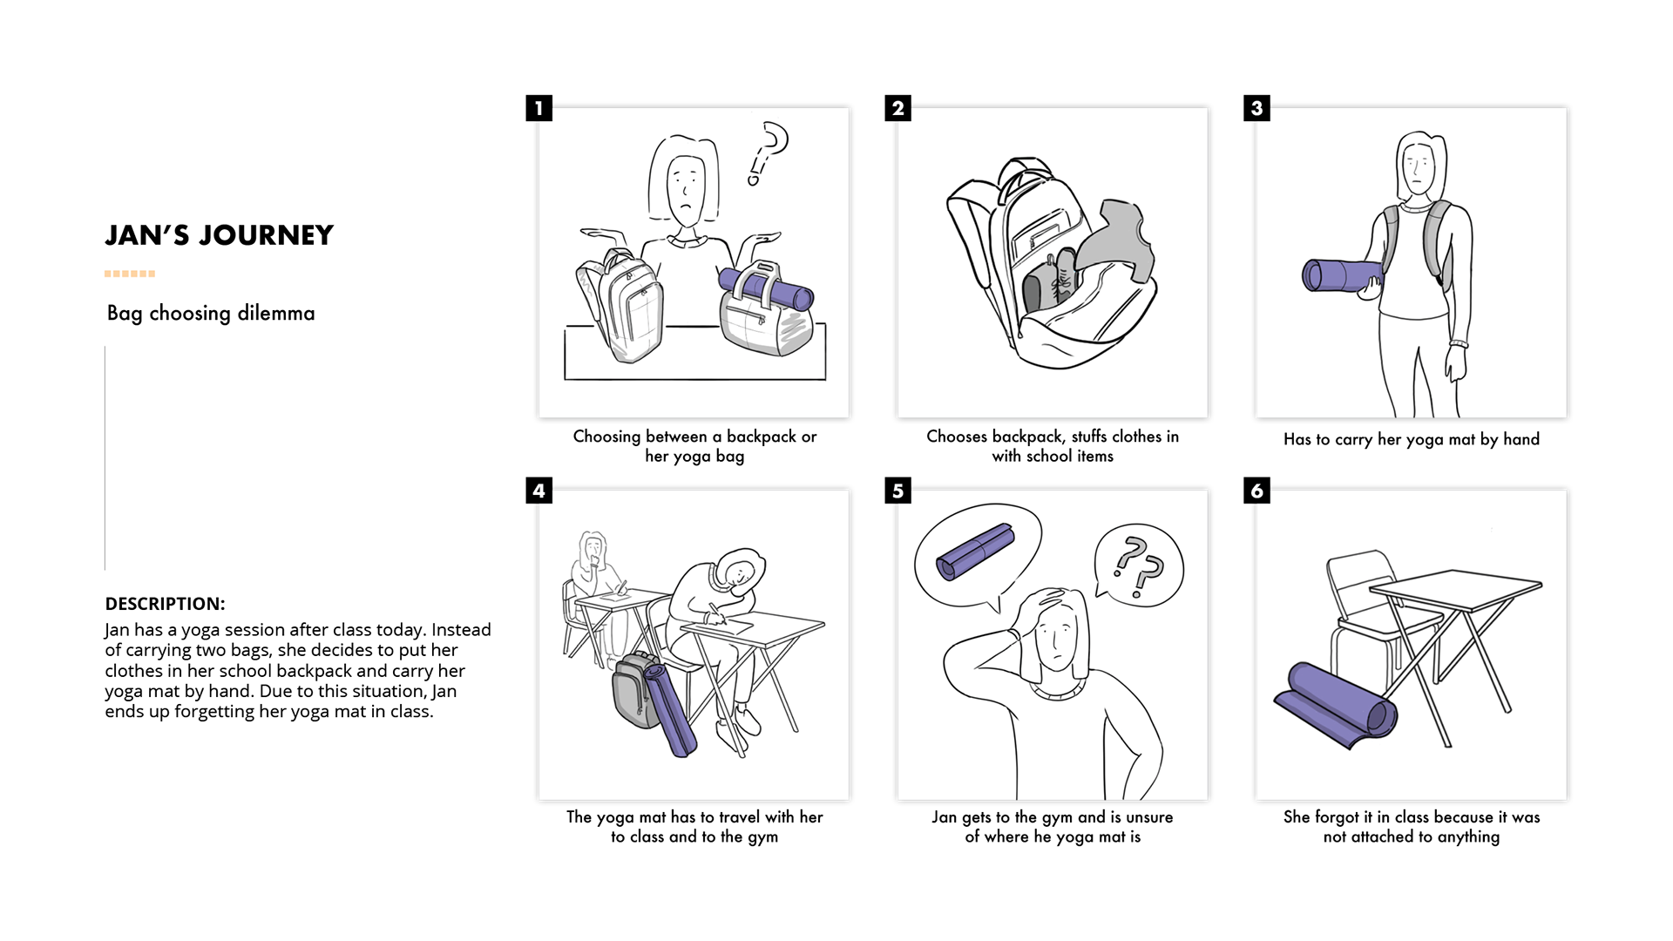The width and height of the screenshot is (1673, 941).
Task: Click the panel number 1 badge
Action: coord(539,108)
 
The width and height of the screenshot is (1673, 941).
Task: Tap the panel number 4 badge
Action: coord(539,491)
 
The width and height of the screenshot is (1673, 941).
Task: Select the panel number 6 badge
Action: coord(1256,491)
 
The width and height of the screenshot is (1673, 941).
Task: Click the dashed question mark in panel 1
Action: coord(768,153)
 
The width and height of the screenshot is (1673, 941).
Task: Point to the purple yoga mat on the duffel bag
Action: coord(765,288)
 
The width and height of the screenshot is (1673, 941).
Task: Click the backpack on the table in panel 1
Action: coord(620,305)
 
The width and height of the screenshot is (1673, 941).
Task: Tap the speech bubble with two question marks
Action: coord(1138,564)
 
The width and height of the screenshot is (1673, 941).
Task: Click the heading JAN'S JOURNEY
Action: coord(220,235)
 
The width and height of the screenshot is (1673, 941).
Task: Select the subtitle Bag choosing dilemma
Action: coord(211,313)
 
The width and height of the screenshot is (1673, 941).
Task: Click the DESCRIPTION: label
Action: coord(165,604)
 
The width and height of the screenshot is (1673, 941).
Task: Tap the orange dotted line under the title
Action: coord(130,274)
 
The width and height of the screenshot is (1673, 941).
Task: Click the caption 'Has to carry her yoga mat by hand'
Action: coord(1412,439)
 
